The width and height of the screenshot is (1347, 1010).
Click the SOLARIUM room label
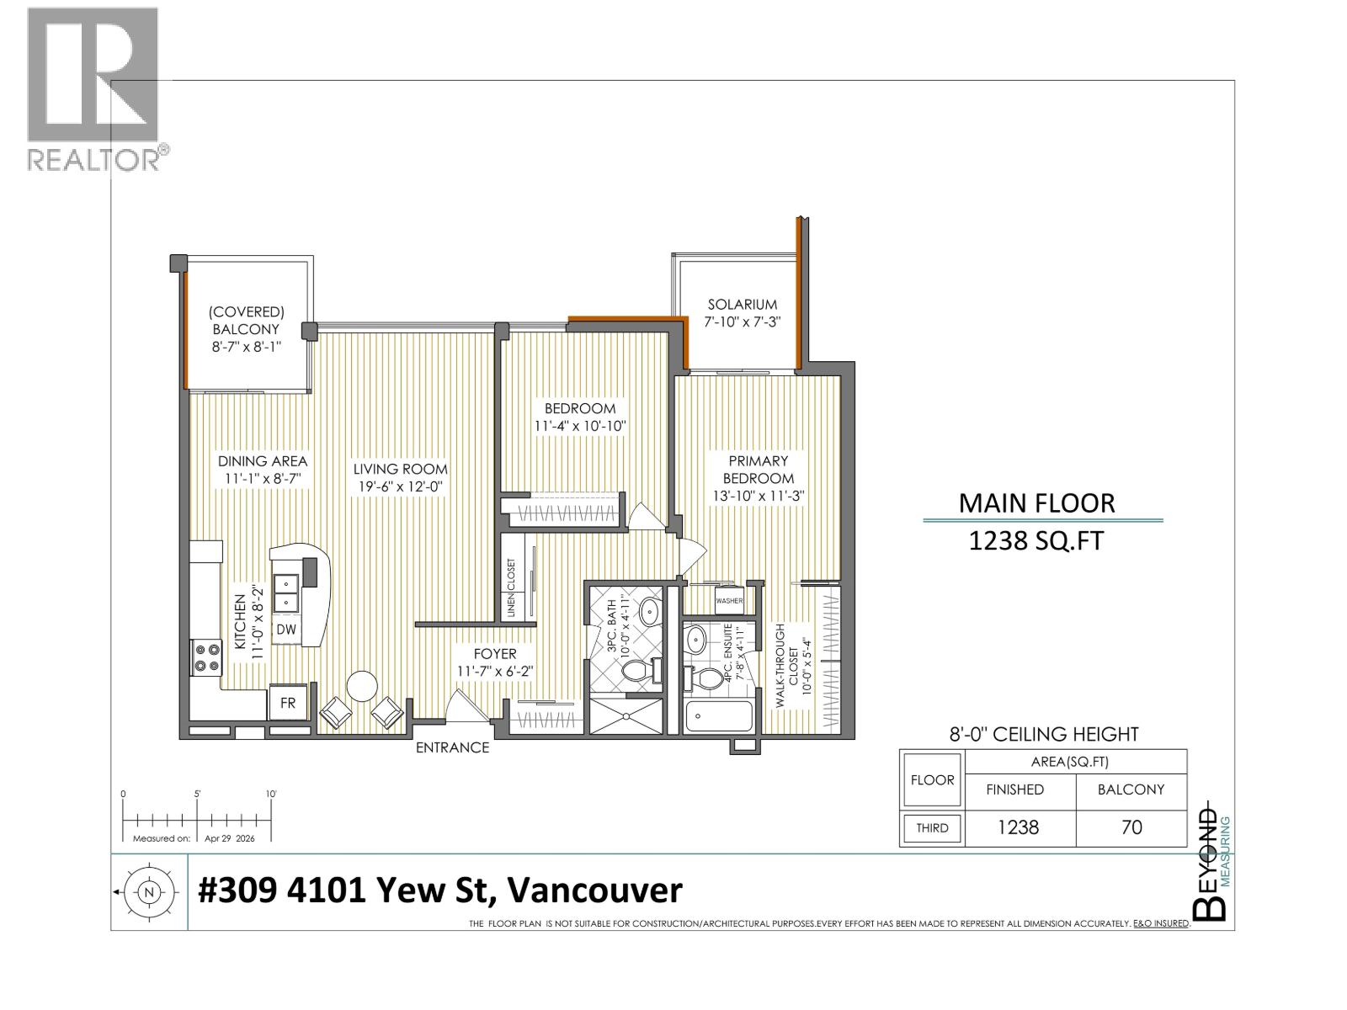(742, 305)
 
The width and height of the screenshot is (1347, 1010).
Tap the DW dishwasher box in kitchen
(286, 630)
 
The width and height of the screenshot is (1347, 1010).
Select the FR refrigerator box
(288, 703)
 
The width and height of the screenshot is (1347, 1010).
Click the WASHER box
(729, 600)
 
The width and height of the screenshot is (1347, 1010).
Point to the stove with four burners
(206, 656)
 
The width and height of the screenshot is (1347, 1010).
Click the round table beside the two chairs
(362, 686)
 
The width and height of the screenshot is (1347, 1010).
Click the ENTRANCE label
(452, 747)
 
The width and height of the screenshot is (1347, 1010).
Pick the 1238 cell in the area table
(1019, 827)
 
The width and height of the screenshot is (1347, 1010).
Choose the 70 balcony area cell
(1131, 827)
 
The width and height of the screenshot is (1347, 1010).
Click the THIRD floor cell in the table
(932, 828)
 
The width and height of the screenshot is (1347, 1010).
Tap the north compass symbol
(148, 892)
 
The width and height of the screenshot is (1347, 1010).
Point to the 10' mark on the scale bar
(271, 794)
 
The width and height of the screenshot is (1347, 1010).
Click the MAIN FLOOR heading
(1036, 503)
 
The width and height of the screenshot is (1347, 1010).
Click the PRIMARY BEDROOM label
(759, 469)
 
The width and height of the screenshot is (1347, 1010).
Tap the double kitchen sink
(286, 593)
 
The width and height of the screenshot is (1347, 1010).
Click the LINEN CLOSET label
(511, 587)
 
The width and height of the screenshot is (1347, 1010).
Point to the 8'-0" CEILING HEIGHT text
(1044, 734)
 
